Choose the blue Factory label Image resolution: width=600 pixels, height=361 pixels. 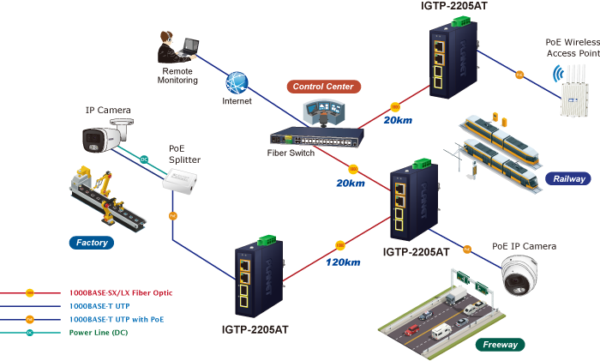(92, 243)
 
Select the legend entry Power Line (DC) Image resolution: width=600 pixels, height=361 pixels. (98, 332)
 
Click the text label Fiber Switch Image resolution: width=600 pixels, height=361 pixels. (291, 153)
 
